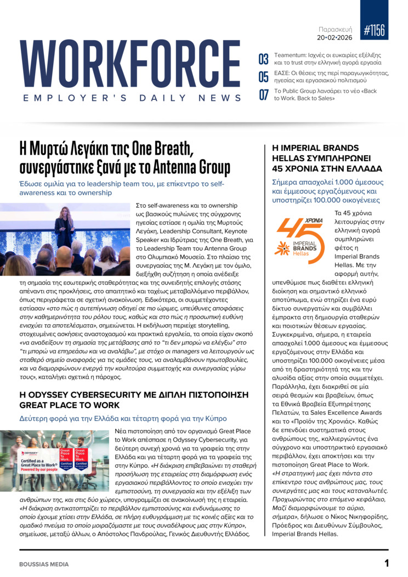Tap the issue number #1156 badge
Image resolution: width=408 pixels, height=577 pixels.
point(374,31)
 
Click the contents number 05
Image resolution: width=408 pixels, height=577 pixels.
point(263,77)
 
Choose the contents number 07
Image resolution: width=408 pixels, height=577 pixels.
point(263,94)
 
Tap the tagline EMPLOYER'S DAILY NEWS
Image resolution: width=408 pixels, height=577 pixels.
point(132,98)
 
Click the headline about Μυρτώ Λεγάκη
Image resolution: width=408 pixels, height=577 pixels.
point(124,157)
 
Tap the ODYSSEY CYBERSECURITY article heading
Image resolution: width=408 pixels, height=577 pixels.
point(134,400)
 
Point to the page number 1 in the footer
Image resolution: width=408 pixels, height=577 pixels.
point(386,563)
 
